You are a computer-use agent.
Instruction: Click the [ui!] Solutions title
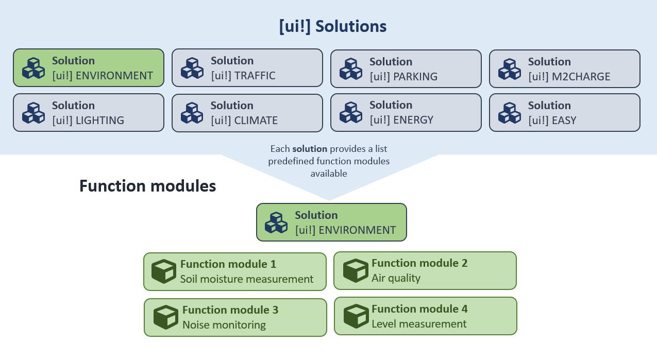[332, 26]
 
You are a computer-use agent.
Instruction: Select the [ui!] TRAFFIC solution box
[247, 68]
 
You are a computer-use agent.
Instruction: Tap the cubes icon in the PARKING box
[350, 69]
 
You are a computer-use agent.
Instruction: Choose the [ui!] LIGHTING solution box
[88, 112]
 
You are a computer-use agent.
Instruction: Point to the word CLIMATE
[256, 121]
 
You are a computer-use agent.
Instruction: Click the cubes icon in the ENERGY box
[350, 113]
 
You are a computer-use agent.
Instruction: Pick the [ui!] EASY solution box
[564, 112]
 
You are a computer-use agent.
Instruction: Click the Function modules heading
[147, 186]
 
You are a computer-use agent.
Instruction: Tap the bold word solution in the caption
[309, 149]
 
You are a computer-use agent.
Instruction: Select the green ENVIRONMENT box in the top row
[88, 67]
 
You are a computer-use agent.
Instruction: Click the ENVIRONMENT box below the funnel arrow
[331, 222]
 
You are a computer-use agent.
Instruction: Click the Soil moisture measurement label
[246, 279]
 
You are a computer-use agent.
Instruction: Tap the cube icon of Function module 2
[356, 271]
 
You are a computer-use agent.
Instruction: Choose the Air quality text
[396, 278]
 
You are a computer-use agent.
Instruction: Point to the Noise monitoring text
[224, 325]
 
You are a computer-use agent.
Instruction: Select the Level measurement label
[418, 324]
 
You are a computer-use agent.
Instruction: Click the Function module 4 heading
[419, 309]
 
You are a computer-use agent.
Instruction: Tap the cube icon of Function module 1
[164, 271]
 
